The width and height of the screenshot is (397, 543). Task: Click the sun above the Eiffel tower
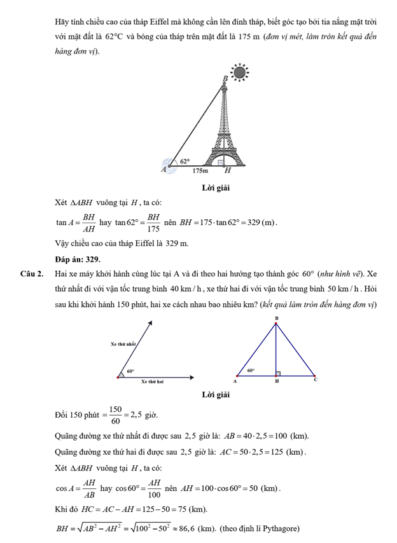(x=239, y=73)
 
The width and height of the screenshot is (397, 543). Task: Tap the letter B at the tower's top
(x=224, y=79)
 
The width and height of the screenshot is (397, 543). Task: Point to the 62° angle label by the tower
(x=185, y=162)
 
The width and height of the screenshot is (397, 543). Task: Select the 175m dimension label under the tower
(x=200, y=171)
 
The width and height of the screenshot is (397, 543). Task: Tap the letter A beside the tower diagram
(x=164, y=170)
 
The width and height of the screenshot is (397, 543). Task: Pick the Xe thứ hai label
(x=152, y=381)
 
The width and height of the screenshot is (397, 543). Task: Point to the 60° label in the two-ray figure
(x=130, y=370)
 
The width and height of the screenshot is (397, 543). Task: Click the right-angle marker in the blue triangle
(x=278, y=373)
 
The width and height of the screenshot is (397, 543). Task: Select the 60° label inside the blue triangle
(x=251, y=369)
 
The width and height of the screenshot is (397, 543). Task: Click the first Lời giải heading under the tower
(x=216, y=188)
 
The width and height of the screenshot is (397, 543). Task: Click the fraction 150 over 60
(x=115, y=415)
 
